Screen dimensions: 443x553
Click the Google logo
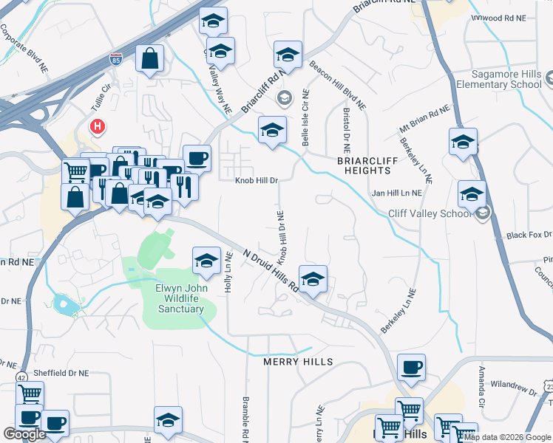point(24,434)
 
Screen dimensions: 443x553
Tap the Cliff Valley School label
point(430,214)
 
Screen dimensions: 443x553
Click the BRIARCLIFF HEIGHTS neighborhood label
point(363,165)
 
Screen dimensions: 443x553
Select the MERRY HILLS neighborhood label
point(298,362)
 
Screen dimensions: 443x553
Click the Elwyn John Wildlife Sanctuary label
point(169,298)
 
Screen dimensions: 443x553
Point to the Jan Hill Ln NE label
point(396,193)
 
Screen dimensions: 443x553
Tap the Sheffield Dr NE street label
point(65,374)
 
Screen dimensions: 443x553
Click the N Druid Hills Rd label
point(262,269)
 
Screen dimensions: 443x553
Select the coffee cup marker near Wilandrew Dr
point(411,367)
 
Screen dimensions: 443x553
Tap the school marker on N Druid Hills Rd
point(313,279)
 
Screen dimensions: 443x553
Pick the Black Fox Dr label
point(529,235)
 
